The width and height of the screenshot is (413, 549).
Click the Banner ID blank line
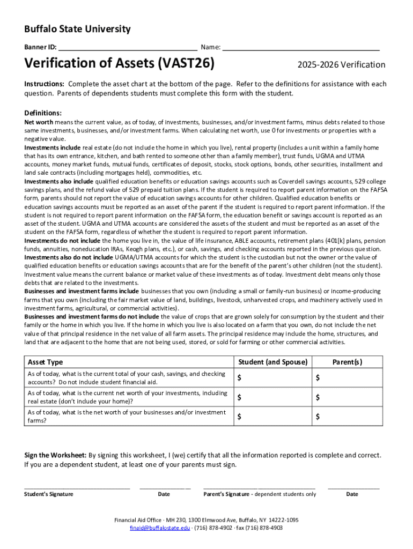pos(128,47)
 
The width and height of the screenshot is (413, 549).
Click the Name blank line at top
pos(301,47)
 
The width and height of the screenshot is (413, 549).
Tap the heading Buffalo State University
pos(77,29)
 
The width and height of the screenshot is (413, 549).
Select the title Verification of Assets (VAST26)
pos(119,64)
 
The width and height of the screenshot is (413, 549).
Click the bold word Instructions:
pos(45,84)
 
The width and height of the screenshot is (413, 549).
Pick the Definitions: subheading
pos(43,113)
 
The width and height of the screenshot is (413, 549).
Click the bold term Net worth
pos(38,122)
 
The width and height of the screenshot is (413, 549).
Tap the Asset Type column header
pos(45,362)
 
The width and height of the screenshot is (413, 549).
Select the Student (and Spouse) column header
pos(272,362)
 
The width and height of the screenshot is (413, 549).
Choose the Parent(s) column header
pos(347,362)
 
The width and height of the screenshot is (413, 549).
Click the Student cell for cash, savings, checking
pos(272,378)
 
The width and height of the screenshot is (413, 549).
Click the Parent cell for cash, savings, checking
pos(348,378)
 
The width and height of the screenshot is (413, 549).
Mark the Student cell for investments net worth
pos(272,397)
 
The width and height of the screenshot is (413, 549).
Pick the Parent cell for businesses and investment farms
pos(348,417)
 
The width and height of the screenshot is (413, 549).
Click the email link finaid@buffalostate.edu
pos(160,528)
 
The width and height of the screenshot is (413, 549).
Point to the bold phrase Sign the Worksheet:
pos(55,455)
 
